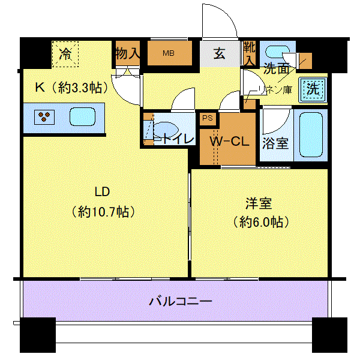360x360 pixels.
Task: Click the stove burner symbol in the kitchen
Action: (x=44, y=117)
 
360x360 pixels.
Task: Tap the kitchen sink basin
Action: (x=82, y=117)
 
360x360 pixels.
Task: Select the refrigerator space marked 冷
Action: (x=65, y=54)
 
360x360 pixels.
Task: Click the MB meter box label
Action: (x=169, y=53)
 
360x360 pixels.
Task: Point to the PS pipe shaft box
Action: (x=208, y=118)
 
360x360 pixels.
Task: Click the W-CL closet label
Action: (x=230, y=141)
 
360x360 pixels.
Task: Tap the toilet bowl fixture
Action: (x=166, y=130)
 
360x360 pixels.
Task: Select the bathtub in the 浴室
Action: (x=311, y=135)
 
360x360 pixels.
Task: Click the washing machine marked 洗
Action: (x=313, y=89)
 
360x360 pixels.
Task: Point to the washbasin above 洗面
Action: (x=278, y=52)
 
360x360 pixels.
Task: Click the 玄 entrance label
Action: (x=219, y=53)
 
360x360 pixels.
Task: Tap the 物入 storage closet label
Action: (x=127, y=53)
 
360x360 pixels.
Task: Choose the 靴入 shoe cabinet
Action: (x=250, y=53)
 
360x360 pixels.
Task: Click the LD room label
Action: (x=102, y=191)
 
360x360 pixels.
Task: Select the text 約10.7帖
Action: (x=103, y=212)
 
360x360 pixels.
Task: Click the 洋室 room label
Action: (x=259, y=203)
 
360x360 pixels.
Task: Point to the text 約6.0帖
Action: (x=261, y=222)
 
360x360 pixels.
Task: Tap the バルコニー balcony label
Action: (x=181, y=301)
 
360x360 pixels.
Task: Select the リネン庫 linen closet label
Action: (x=275, y=89)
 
